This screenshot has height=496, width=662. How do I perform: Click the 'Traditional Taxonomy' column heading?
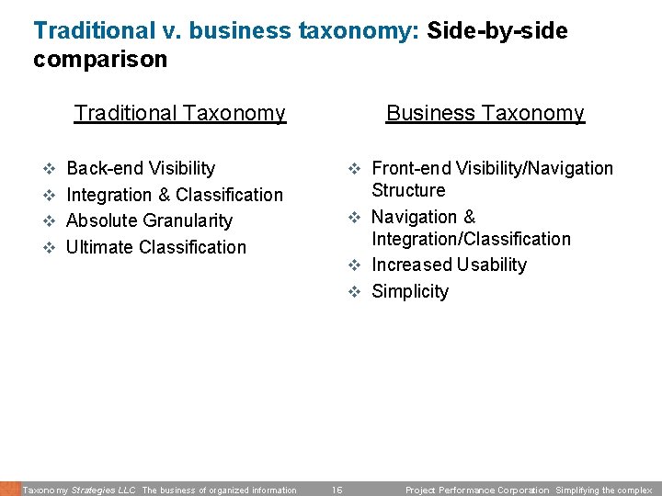(x=179, y=113)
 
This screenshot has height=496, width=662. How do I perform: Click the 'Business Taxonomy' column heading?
(x=485, y=113)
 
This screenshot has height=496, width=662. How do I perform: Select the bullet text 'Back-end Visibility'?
(x=141, y=168)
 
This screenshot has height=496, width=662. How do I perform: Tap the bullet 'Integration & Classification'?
(x=175, y=195)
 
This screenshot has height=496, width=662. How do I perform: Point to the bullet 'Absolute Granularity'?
(x=149, y=220)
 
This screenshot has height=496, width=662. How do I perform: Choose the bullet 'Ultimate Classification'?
(x=156, y=247)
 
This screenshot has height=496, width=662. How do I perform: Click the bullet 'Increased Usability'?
(x=449, y=265)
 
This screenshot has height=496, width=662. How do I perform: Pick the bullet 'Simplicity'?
(x=410, y=291)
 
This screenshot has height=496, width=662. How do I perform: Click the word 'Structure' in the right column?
(x=408, y=190)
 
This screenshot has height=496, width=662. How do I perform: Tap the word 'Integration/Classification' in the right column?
(x=471, y=239)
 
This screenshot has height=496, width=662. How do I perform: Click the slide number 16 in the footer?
(x=337, y=490)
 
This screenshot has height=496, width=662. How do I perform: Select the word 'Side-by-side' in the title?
(x=497, y=30)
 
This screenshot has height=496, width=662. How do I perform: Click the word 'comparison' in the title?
(x=100, y=60)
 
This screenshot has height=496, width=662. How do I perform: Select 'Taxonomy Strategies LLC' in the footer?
(x=79, y=490)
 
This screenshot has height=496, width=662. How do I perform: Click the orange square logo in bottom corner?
(x=9, y=489)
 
